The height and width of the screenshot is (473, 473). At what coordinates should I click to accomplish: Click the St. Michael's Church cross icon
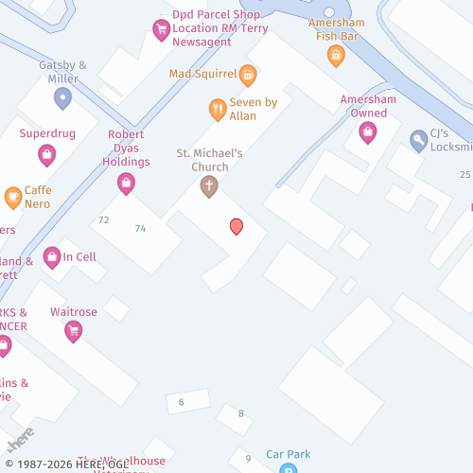point(209,186)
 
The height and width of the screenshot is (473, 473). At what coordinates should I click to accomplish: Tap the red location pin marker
point(236,226)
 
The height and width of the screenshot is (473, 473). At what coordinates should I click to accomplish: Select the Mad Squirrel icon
point(248,74)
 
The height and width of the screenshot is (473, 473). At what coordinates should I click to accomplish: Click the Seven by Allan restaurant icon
point(218,110)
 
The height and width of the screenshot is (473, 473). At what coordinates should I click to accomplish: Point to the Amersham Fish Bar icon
point(335,56)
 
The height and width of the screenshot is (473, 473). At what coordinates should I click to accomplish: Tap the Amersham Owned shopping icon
point(368,133)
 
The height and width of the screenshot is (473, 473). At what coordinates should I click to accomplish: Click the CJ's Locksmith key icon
point(418,141)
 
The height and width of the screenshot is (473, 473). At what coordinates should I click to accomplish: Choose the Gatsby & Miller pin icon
point(63,97)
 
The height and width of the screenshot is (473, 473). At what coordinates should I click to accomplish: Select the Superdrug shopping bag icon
point(46,154)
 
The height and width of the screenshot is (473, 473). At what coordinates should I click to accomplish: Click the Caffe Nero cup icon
point(13,197)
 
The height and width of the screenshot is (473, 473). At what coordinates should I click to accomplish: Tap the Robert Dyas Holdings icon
point(126,184)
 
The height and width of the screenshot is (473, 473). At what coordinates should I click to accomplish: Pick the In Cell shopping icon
point(52,256)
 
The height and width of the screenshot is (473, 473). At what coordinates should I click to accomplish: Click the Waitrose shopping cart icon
point(73,331)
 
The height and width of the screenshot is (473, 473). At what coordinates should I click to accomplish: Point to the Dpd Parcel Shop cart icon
point(161,30)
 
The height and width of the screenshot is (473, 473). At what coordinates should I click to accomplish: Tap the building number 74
point(141,229)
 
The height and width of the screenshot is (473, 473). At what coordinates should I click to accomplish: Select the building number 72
point(104,220)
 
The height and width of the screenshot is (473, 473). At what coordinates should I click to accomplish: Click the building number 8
point(241,413)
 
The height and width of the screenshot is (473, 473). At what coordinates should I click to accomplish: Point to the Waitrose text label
point(73,312)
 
